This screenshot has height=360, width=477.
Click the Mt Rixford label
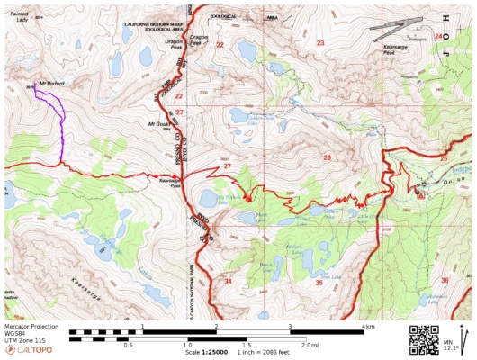tap(51, 84)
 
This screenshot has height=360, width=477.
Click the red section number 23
tap(319, 42)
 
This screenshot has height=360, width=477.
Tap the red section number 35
tap(319, 283)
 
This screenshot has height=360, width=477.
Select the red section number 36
tap(445, 281)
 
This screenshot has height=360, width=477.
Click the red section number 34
tap(228, 283)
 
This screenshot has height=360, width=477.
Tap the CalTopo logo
tap(26, 350)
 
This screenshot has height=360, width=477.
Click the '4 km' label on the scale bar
tap(367, 325)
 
